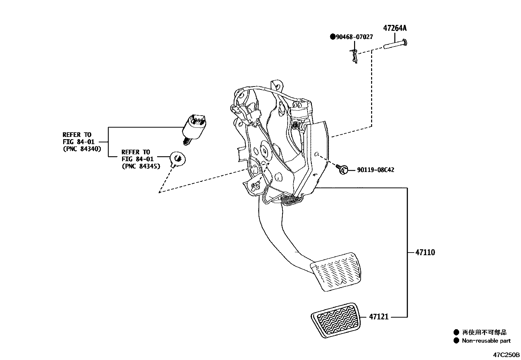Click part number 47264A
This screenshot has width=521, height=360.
click(x=394, y=28)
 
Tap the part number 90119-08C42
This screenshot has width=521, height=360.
click(x=375, y=170)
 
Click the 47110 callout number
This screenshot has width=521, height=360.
click(x=425, y=253)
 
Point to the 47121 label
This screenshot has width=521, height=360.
click(x=379, y=317)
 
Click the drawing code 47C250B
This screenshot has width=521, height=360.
click(x=506, y=355)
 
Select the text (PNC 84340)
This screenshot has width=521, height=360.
click(x=82, y=149)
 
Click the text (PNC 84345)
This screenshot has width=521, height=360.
click(x=141, y=166)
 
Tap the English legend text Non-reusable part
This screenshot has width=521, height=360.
click(x=486, y=341)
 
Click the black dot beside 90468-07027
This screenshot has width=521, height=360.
click(x=332, y=37)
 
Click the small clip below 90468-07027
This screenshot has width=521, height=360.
click(x=354, y=55)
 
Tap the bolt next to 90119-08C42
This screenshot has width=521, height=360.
click(x=342, y=169)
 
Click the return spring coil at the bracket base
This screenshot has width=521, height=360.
click(x=289, y=199)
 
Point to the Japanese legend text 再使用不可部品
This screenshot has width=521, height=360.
click(x=484, y=332)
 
